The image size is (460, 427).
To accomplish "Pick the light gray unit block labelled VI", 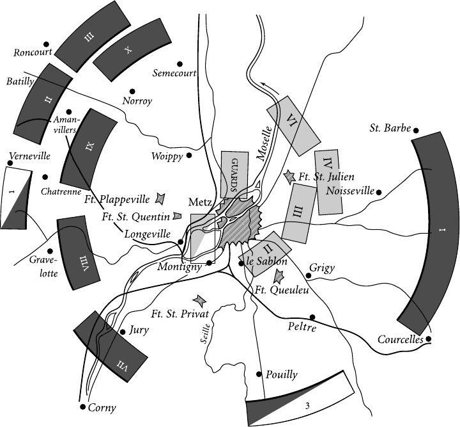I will tap(293, 120).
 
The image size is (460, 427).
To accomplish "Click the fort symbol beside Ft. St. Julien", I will tap(290, 175).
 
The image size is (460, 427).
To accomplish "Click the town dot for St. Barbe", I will tap(416, 130).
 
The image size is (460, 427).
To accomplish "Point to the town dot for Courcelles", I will tap(429, 339).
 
